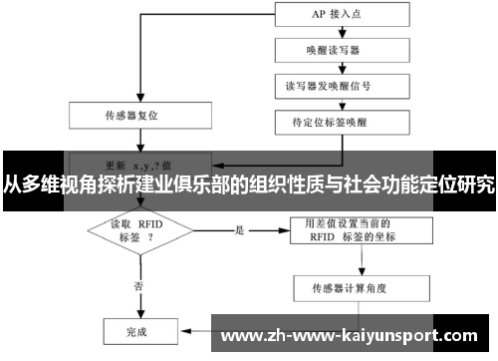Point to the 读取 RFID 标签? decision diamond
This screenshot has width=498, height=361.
(x=137, y=231)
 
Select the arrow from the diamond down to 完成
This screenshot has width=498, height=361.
(x=137, y=299)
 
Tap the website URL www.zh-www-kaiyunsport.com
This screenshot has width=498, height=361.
(x=354, y=334)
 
